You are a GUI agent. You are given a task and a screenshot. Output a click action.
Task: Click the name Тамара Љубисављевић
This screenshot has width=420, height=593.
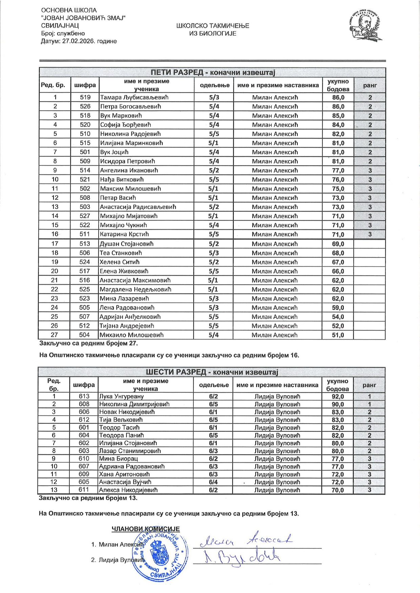click(x=134, y=97)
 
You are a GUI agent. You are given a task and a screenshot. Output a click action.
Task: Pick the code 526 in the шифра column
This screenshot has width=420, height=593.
click(x=85, y=107)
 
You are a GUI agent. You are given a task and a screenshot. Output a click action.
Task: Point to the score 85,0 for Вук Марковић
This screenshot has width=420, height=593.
click(x=338, y=116)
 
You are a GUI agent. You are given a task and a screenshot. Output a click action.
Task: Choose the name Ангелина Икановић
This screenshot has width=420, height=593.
click(x=129, y=170)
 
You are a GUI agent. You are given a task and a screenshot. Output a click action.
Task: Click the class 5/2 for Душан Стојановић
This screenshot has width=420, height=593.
click(x=214, y=244)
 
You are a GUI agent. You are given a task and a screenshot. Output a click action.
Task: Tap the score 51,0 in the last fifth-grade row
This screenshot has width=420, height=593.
click(x=338, y=335)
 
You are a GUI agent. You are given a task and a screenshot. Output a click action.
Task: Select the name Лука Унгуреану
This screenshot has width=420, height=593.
click(x=121, y=396)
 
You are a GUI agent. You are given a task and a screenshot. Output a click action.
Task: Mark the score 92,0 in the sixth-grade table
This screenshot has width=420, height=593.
click(x=337, y=396)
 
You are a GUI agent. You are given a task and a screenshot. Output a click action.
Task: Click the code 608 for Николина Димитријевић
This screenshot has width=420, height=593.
click(x=84, y=404)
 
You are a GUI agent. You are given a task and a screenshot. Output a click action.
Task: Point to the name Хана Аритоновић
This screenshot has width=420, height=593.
click(x=124, y=474)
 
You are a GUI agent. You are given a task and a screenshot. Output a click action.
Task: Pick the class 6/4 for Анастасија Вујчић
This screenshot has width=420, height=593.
click(x=213, y=482)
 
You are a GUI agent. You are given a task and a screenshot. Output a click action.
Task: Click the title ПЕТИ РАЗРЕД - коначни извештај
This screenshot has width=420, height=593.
click(x=212, y=72)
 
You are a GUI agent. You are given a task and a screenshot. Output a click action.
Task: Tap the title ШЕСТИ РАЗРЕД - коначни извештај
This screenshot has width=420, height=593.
click(x=212, y=372)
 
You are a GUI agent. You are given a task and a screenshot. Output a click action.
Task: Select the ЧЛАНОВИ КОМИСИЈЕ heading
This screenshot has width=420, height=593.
click(x=146, y=529)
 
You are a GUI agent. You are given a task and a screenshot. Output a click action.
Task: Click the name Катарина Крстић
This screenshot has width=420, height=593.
click(x=124, y=234)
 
